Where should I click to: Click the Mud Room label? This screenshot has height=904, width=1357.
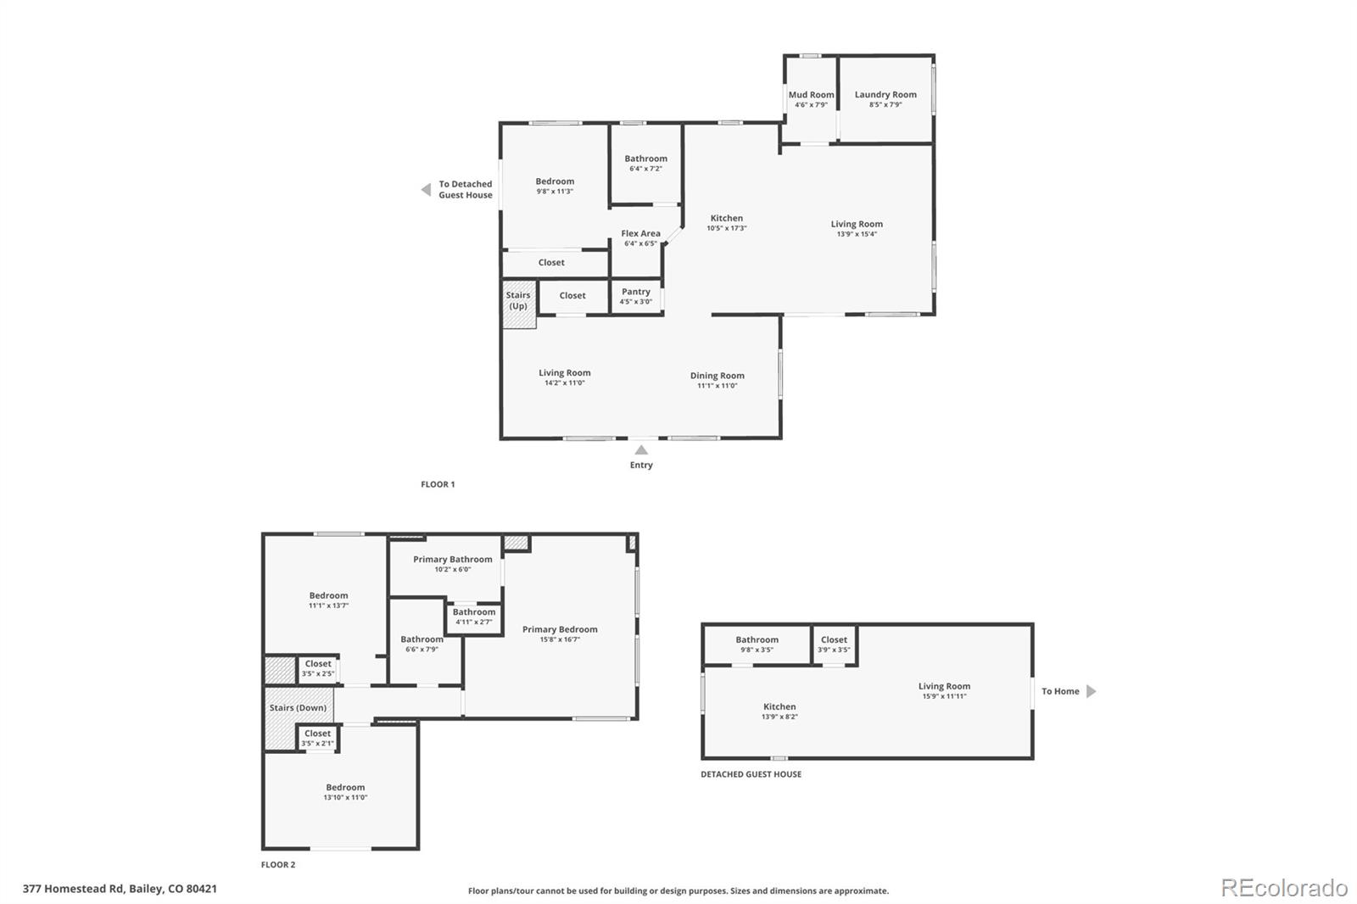(x=811, y=95)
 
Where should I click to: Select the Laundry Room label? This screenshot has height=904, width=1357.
(x=885, y=95)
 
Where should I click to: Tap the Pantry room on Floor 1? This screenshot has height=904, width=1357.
(x=636, y=296)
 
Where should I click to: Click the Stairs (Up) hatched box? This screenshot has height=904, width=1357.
(x=518, y=304)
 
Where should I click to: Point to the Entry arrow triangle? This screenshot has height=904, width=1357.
(x=641, y=450)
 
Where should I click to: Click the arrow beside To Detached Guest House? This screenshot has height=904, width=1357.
(x=426, y=190)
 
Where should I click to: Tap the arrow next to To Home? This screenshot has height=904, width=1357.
(x=1092, y=691)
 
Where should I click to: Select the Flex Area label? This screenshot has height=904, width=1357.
(x=640, y=233)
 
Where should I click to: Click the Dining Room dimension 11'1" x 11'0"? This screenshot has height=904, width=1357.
(x=718, y=386)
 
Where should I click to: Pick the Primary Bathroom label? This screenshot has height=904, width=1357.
(x=452, y=559)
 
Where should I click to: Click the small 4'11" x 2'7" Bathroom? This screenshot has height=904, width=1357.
(x=473, y=617)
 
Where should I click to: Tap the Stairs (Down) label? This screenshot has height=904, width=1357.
(x=298, y=707)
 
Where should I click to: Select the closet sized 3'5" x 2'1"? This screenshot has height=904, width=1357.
(x=318, y=738)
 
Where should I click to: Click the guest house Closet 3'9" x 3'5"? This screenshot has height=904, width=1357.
(x=834, y=645)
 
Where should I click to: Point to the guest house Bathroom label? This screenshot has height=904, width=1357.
(x=757, y=639)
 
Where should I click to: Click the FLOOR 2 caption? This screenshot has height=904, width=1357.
(x=278, y=865)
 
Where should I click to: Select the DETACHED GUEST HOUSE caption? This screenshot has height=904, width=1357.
(x=751, y=774)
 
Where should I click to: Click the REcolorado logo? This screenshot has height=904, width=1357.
(x=1283, y=888)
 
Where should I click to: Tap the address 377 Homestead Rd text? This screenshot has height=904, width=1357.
(x=120, y=889)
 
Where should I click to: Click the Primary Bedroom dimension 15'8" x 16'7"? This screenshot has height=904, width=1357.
(x=560, y=639)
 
